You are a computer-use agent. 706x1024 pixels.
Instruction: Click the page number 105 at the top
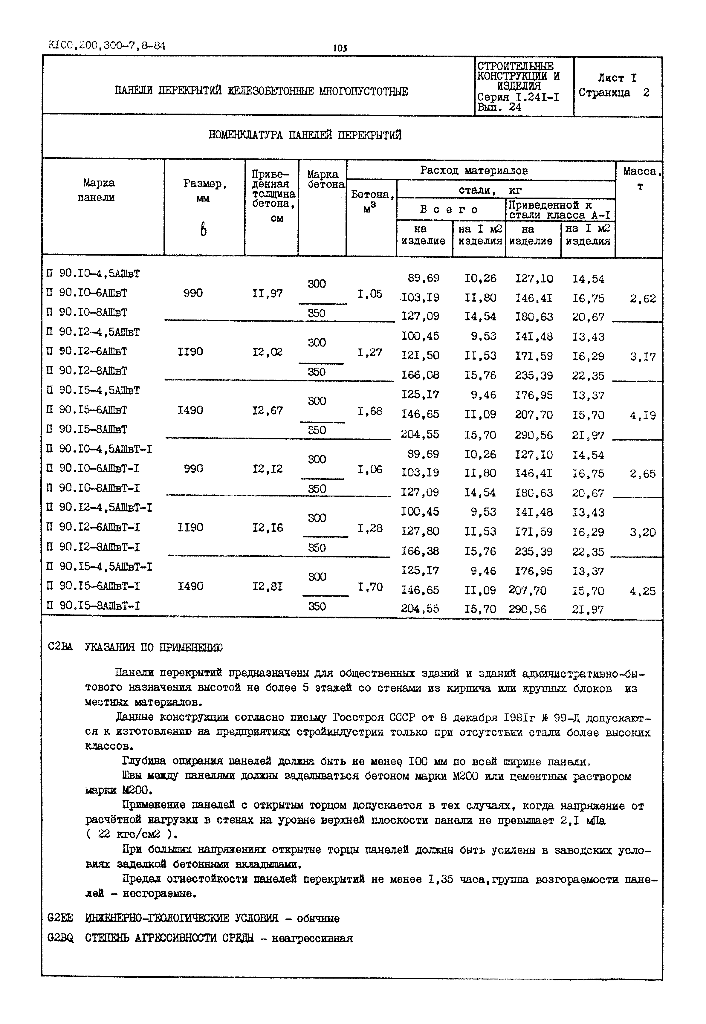[x=340, y=48]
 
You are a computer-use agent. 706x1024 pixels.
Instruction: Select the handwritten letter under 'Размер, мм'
[x=203, y=229]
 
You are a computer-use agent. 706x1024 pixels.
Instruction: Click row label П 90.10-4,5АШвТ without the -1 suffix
[x=93, y=274]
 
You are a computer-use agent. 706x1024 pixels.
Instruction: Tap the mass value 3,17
[x=643, y=357]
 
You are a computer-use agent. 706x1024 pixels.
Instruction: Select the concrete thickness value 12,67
[x=268, y=410]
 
